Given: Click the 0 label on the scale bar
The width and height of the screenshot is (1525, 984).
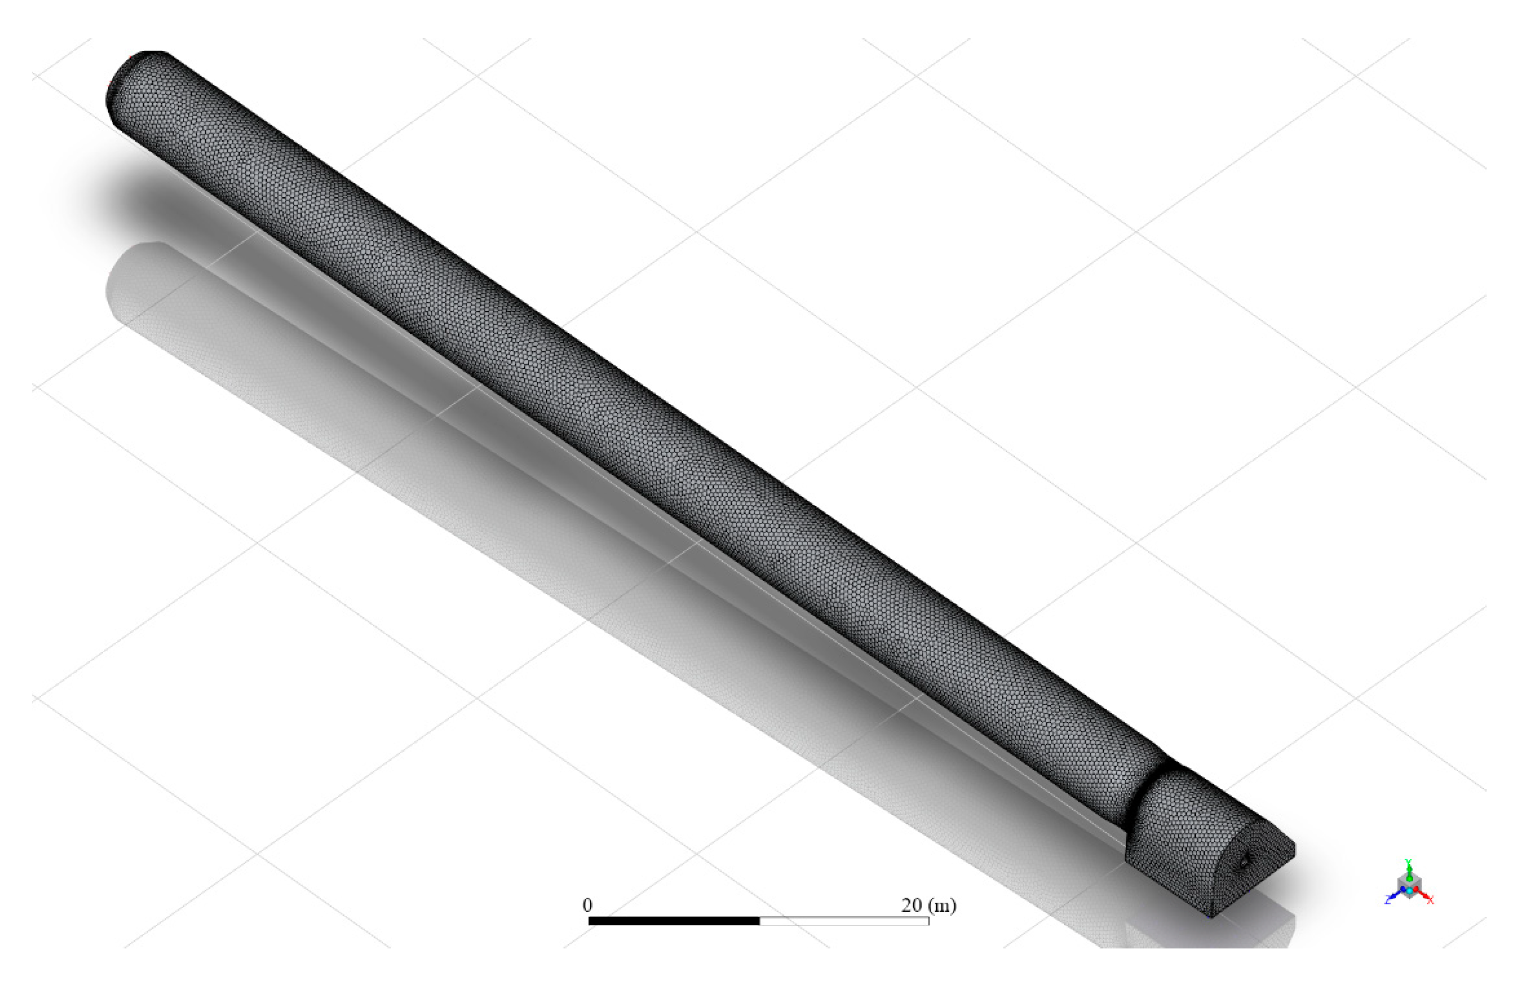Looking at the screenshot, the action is click(587, 905).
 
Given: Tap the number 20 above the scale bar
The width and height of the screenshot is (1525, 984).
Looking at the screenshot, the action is click(911, 905).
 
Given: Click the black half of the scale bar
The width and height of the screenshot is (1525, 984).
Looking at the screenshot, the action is click(674, 921).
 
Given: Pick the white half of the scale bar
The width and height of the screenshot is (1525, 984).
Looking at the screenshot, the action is click(844, 921).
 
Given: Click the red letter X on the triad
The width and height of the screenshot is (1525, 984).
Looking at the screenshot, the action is click(1430, 901).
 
